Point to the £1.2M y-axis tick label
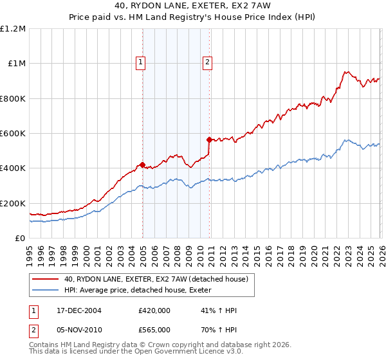click(x=13, y=29)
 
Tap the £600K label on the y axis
click(x=13, y=134)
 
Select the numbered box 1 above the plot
click(x=140, y=62)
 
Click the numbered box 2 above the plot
click(x=208, y=62)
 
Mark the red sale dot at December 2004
click(x=142, y=164)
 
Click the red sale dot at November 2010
click(x=209, y=139)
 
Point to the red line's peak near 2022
click(x=345, y=72)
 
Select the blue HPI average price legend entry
click(x=142, y=290)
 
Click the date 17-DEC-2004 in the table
click(x=77, y=310)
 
